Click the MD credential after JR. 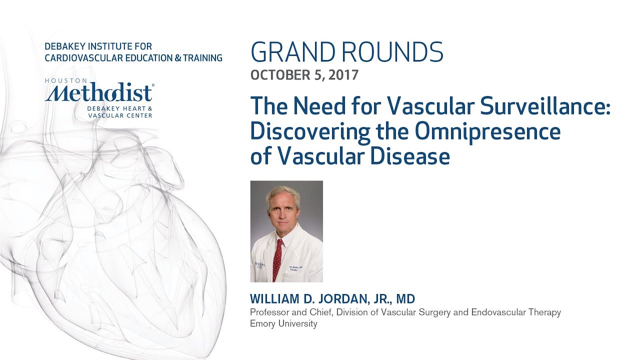pos(405,299)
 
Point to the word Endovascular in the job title pos(497,312)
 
